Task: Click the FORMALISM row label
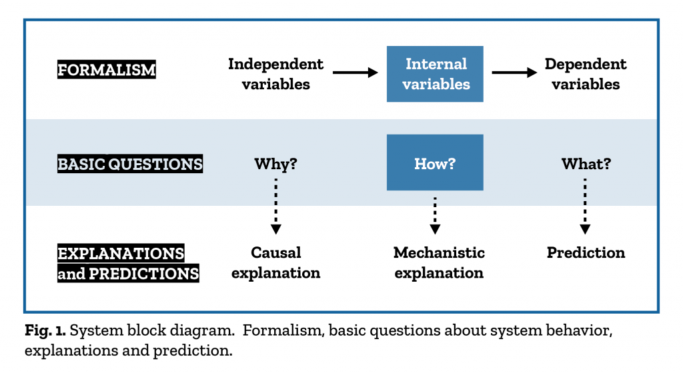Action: click(106, 69)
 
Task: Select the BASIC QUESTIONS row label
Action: click(130, 164)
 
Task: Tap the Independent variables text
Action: click(275, 74)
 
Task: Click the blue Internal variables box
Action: click(435, 74)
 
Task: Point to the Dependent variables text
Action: click(586, 74)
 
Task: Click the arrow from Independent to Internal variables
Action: click(355, 72)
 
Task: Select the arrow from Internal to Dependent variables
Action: click(514, 72)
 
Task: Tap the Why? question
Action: click(275, 164)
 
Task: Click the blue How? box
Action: click(435, 162)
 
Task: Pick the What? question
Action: click(586, 164)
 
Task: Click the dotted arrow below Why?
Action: click(275, 206)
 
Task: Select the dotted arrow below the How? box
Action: click(435, 216)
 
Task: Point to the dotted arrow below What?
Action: click(585, 206)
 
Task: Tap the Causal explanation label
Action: click(275, 262)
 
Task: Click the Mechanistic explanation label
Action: click(439, 262)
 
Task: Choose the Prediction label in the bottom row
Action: click(586, 252)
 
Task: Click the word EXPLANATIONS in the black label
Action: click(121, 253)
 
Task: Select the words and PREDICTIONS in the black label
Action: click(128, 273)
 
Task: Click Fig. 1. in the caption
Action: click(45, 330)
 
